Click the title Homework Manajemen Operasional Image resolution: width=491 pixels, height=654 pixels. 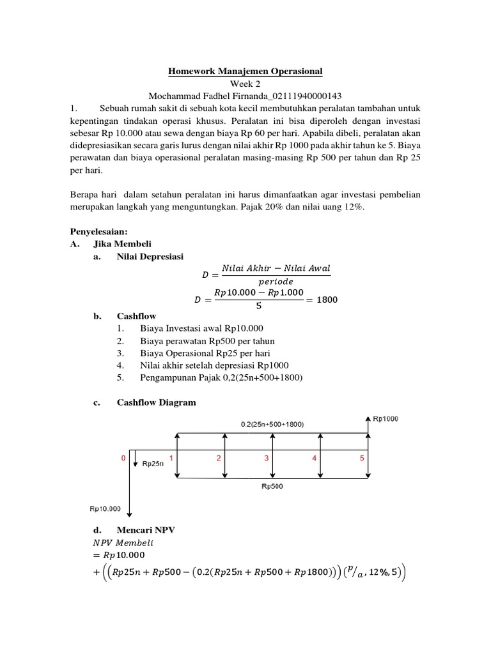245,71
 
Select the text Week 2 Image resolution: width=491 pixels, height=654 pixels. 245,83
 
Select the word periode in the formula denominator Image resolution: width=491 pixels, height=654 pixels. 276,281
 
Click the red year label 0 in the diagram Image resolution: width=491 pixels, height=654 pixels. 124,457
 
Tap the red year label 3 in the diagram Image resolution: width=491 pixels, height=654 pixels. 267,458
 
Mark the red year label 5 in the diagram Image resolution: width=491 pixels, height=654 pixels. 361,458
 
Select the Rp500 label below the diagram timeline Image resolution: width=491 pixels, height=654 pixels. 273,486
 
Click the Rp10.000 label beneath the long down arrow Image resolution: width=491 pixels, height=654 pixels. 104,508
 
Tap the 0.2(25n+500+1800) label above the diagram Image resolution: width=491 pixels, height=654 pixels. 272,423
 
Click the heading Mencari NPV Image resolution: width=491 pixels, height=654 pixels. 146,529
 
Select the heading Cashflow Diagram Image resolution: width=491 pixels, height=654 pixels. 156,402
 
